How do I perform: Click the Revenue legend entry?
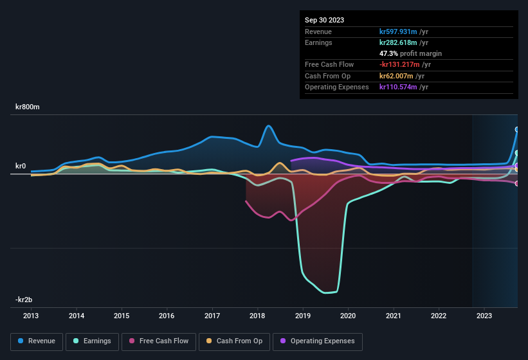37,341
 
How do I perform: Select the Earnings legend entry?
92,341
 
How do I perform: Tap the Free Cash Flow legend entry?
159,341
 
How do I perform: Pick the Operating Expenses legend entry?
317,341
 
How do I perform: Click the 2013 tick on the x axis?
31,316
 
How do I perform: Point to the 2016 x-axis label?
167,316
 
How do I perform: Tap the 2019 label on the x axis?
303,316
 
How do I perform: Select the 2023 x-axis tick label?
484,316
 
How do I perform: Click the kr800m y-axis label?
28,107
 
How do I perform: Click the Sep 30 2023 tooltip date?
324,20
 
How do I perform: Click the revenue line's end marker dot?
517,129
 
